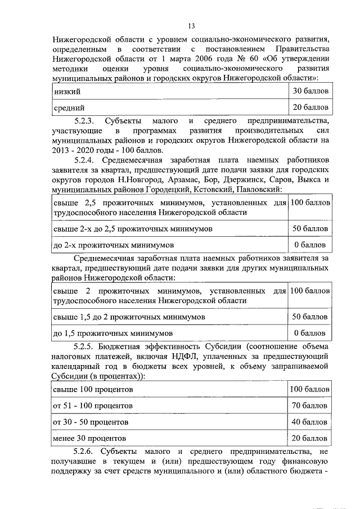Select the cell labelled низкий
[66, 91]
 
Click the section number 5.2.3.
[87, 121]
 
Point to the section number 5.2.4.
[87, 160]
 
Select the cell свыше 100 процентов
[93, 389]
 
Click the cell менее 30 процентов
[89, 438]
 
